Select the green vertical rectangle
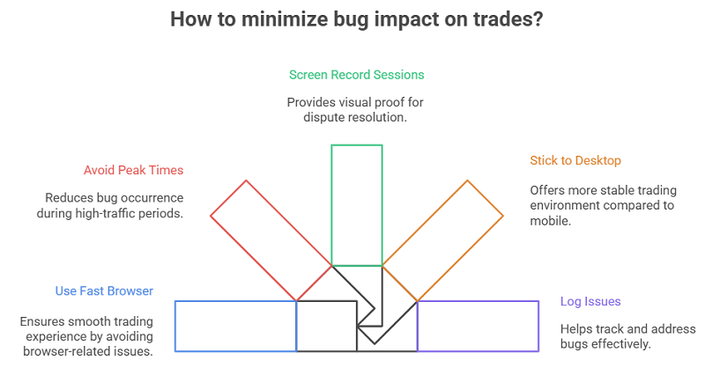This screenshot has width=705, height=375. pos(357,204)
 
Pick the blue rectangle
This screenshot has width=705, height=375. pos(235,326)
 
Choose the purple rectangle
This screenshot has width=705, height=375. pos(478,326)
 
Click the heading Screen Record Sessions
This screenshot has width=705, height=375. pos(356,75)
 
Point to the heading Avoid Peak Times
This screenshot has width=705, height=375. pos(133,170)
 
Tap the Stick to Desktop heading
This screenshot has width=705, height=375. pos(575,160)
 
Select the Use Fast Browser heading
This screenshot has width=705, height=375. pos(104,290)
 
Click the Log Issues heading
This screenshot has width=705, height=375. pos(590,302)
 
